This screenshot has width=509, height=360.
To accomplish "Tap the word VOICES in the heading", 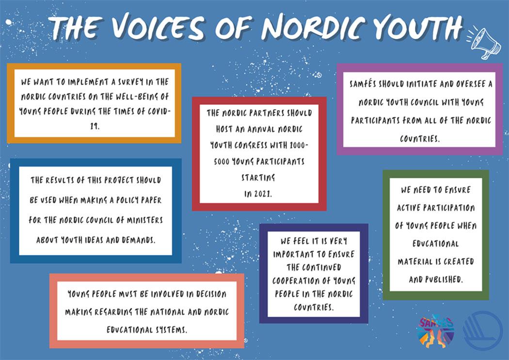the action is (x=159, y=27).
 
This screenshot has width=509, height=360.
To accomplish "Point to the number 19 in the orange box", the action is (x=95, y=126).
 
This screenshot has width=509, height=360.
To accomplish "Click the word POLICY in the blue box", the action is (x=124, y=200).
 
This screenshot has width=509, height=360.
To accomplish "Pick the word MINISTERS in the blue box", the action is (x=145, y=220).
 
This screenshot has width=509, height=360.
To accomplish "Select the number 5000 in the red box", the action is (x=222, y=162).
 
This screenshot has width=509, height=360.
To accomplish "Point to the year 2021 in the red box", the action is (x=262, y=194).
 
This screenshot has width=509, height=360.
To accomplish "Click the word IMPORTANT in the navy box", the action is (x=293, y=254).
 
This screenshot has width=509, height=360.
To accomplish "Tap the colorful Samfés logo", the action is (x=435, y=331).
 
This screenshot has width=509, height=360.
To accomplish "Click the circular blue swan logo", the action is (x=483, y=331).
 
